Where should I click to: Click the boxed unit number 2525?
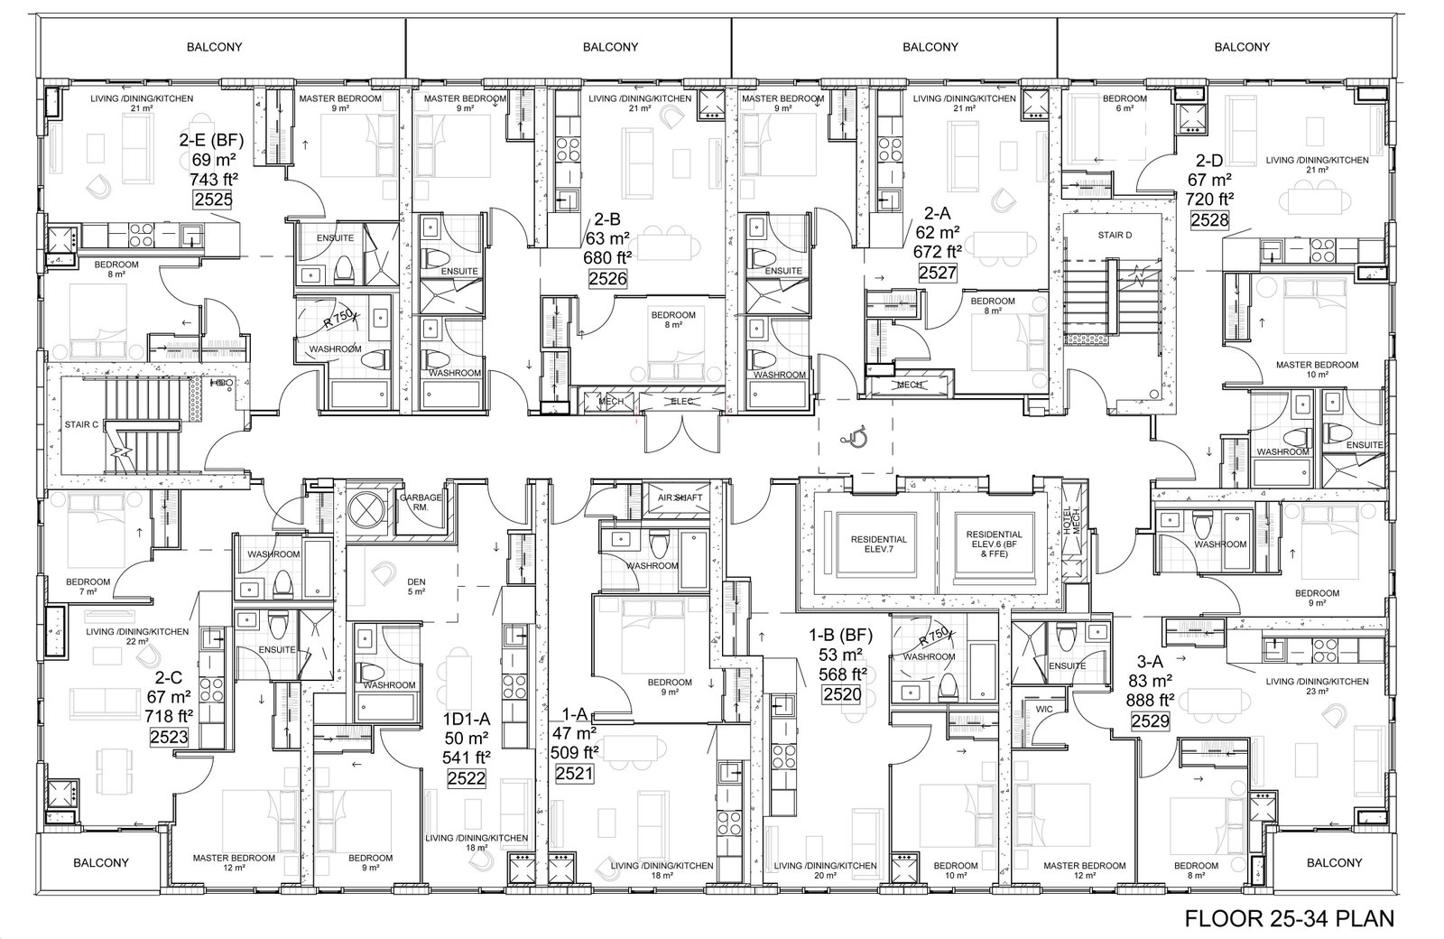213,200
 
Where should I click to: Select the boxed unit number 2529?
1150,721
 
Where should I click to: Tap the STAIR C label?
81,424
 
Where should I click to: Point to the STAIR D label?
1115,235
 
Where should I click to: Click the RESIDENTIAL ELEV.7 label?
879,544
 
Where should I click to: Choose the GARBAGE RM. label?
421,502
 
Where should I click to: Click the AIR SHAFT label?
680,497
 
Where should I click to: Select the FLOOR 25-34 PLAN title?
1290,917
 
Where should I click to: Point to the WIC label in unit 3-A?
1044,710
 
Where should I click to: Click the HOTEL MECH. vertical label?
1070,520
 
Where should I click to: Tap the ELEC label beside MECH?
682,401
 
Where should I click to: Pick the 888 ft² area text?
1150,700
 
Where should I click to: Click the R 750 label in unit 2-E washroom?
338,318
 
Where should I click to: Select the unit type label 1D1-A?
466,719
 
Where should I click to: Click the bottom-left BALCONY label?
100,862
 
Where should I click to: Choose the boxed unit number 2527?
938,273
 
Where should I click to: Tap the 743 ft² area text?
213,179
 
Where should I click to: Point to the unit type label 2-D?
1209,160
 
